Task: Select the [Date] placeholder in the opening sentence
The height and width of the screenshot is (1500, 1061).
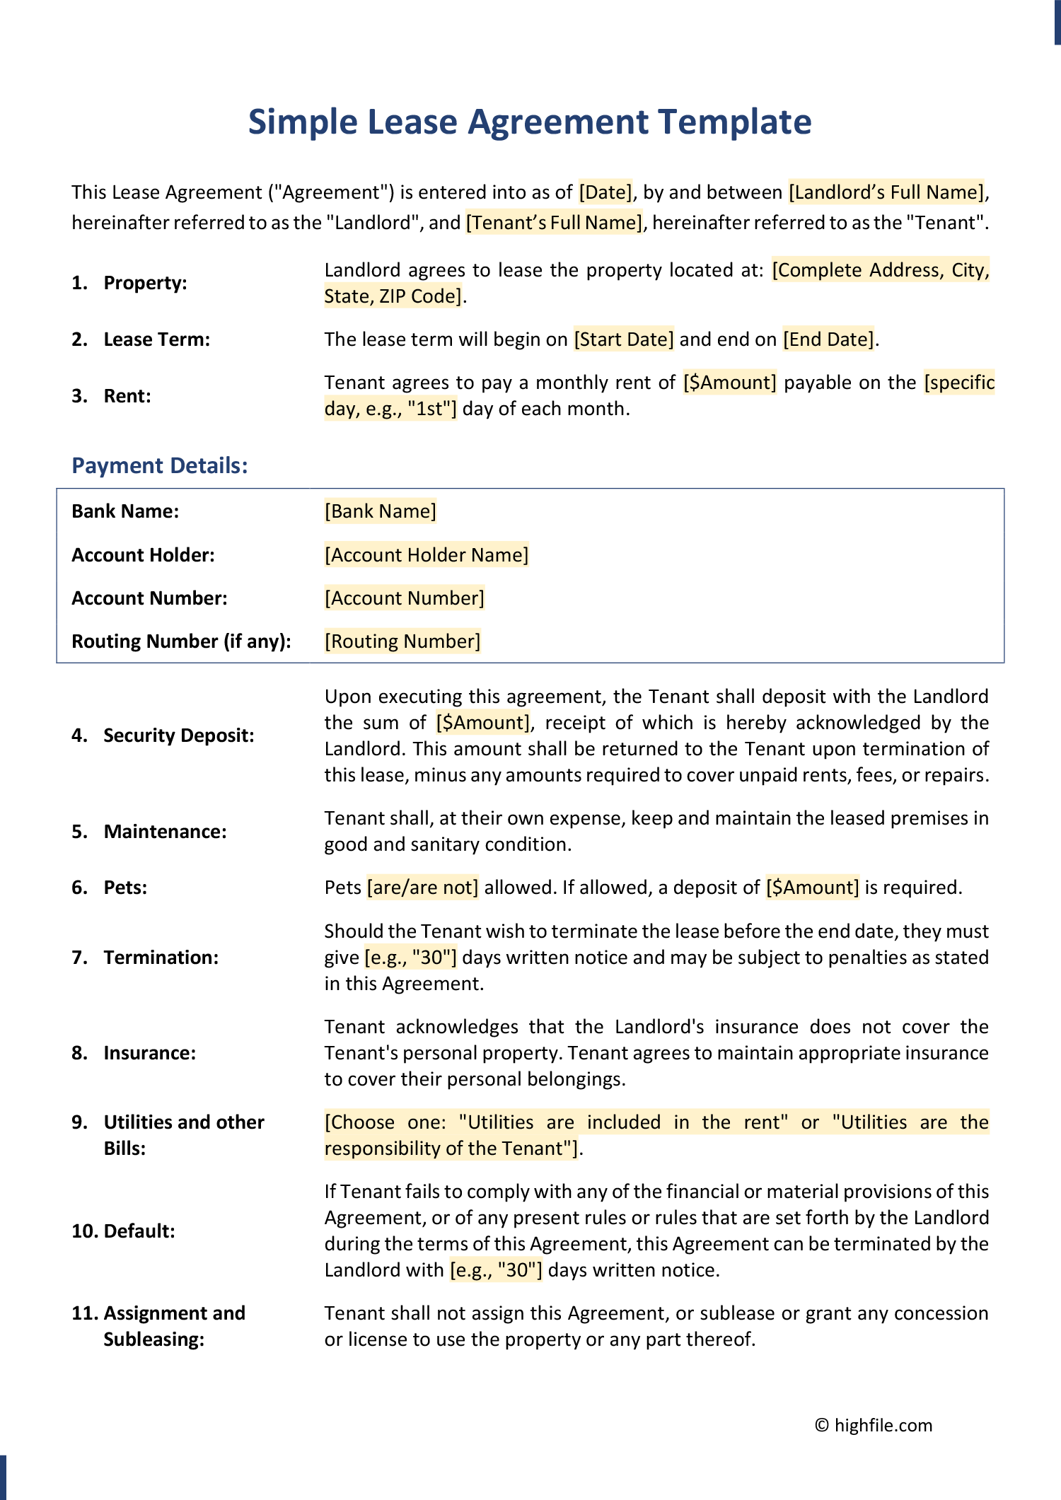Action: pos(605,192)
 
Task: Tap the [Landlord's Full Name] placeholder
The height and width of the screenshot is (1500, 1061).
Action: pos(886,192)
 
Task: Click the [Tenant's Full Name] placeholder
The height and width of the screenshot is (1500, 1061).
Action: pos(554,223)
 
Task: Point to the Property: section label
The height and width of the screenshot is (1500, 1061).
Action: pos(145,283)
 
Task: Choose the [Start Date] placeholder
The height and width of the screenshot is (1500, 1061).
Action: pos(623,339)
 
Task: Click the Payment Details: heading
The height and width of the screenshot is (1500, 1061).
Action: pos(160,465)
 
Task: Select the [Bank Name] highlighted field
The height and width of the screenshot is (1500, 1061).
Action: pos(381,511)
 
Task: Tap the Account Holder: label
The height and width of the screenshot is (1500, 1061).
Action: pos(143,555)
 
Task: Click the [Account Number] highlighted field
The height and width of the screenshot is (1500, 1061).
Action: pos(405,598)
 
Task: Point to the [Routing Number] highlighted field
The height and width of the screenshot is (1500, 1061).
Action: pos(402,641)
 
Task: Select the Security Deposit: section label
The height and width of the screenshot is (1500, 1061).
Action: pos(178,736)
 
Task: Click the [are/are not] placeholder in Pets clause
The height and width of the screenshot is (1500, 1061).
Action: pos(423,888)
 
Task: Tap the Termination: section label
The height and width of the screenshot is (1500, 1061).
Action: pos(161,958)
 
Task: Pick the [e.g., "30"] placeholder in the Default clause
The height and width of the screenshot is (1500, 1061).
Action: pos(496,1270)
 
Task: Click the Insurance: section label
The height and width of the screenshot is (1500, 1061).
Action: pos(149,1053)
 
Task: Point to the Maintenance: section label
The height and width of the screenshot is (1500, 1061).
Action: pos(165,832)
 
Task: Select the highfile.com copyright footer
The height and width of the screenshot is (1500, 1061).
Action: pos(874,1425)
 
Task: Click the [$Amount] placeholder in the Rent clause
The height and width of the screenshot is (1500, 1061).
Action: pos(730,383)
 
